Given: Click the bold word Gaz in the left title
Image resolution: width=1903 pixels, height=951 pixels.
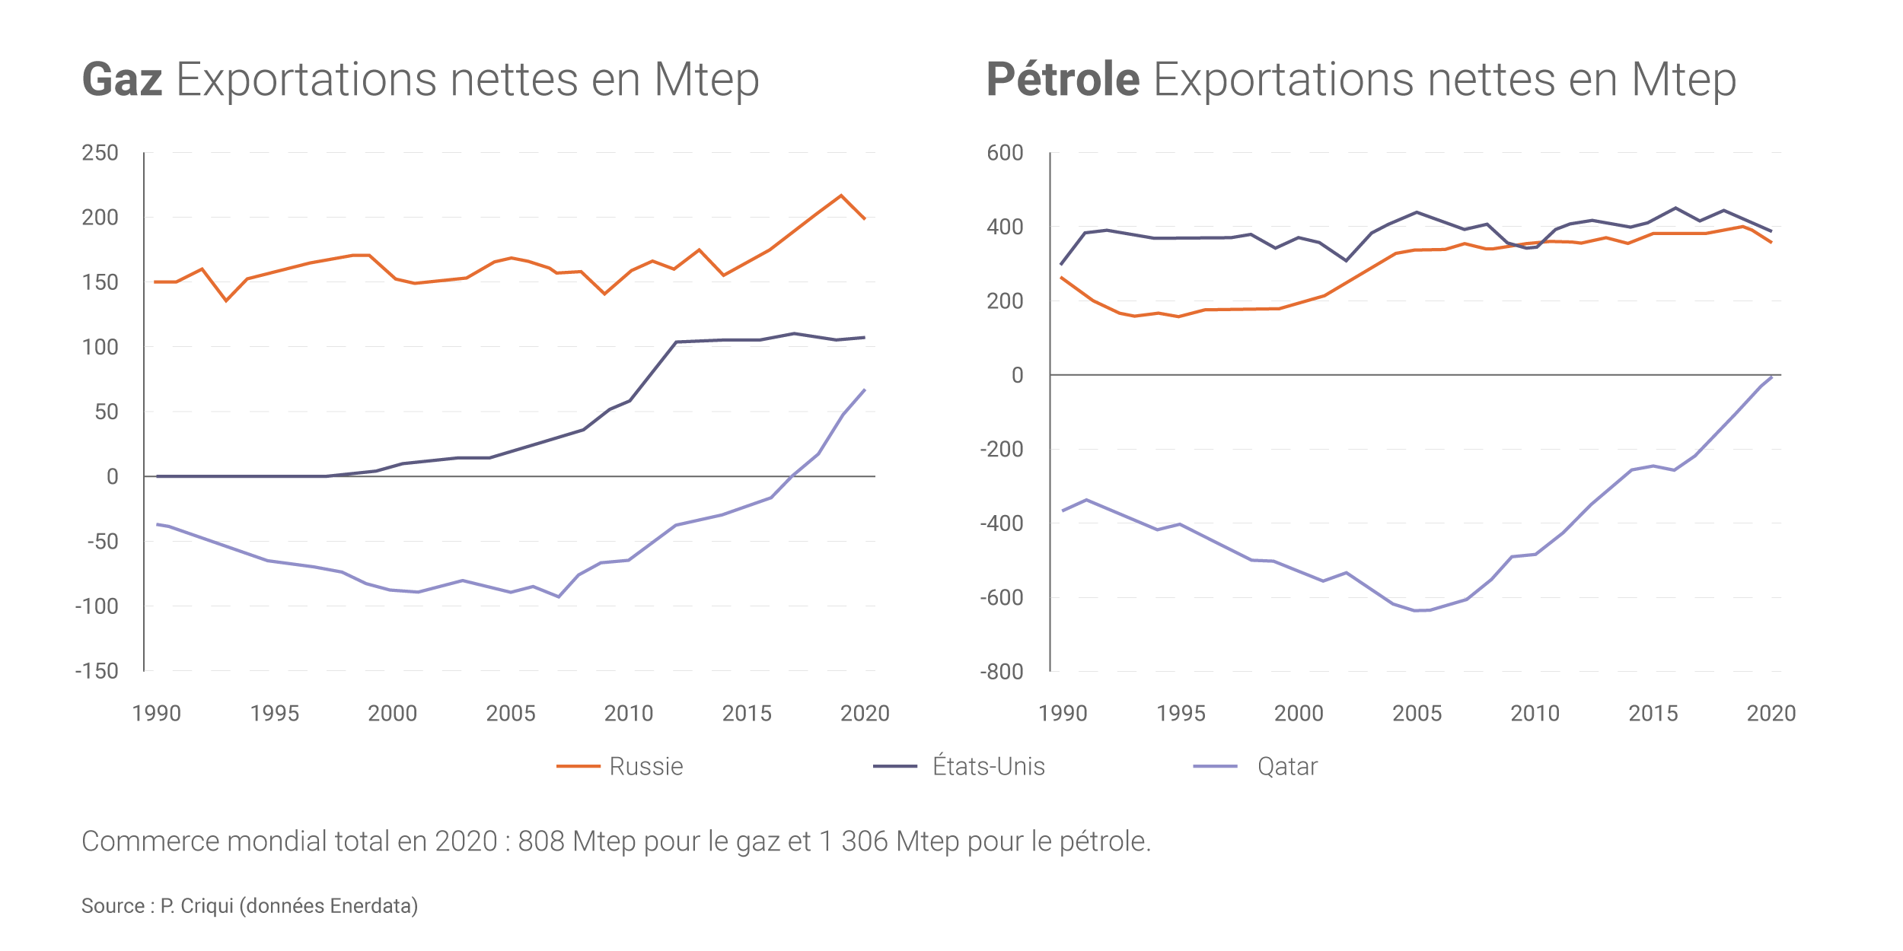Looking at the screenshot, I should tap(122, 79).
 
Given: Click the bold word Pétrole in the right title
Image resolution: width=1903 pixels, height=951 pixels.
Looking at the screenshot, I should tap(1063, 79).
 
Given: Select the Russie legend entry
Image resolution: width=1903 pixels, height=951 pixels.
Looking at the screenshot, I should tap(645, 766).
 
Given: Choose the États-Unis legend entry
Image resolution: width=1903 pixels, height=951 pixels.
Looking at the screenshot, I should tap(988, 766).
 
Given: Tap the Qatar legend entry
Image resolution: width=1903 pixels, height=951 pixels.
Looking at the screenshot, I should tap(1286, 766).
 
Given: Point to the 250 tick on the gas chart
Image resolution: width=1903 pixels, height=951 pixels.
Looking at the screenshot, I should tap(100, 153).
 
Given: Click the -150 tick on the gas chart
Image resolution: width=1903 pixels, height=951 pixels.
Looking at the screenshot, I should tap(97, 671).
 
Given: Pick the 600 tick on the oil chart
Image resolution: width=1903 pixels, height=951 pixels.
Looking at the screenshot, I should tap(1005, 153).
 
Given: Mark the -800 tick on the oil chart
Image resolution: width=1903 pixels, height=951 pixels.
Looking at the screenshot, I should tap(1002, 672).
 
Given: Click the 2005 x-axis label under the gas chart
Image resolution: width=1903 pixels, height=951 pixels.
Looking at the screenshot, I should tap(511, 714).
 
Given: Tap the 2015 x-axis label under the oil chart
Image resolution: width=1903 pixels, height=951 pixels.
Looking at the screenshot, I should tap(1653, 714).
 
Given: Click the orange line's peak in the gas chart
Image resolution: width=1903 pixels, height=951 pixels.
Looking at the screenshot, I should tap(841, 196).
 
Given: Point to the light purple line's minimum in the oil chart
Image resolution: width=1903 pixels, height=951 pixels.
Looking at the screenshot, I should tap(1417, 611).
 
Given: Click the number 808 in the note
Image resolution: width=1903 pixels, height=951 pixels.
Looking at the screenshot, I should tap(541, 841).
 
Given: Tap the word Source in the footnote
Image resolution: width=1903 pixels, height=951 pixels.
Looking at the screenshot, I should tap(113, 906).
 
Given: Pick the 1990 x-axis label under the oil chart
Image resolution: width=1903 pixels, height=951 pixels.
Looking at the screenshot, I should tap(1063, 714).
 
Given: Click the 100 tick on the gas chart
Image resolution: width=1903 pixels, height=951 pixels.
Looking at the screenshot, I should tap(100, 347).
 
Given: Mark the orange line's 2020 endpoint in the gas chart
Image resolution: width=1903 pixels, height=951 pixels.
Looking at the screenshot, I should tap(865, 219).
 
